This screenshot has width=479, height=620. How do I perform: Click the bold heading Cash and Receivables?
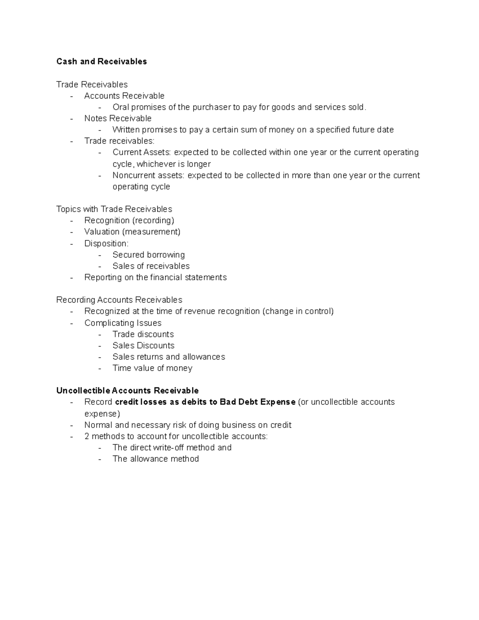(101, 61)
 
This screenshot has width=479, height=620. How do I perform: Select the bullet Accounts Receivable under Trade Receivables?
(124, 96)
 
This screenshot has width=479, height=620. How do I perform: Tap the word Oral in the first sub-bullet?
(121, 107)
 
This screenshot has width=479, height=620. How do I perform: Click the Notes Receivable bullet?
(118, 119)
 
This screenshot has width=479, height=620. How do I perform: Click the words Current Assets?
(142, 153)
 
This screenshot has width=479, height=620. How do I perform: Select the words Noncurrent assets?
(148, 176)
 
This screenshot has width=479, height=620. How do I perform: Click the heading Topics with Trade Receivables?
(114, 209)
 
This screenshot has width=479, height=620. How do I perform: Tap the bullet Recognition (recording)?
(129, 220)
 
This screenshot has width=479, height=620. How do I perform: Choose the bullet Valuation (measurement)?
(132, 232)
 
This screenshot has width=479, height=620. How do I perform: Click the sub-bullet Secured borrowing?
(148, 255)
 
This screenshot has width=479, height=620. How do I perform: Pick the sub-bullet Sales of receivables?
(151, 266)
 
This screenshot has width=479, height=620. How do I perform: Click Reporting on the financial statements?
(155, 277)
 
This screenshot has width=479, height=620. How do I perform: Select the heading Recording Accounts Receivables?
(119, 300)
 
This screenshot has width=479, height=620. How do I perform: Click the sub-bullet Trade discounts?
(143, 334)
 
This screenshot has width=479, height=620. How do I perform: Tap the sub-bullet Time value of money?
(152, 368)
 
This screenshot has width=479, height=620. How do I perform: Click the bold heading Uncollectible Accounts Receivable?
(127, 390)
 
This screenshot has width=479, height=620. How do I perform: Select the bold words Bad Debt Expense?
(257, 402)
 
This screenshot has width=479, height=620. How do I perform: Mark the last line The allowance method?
(155, 459)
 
